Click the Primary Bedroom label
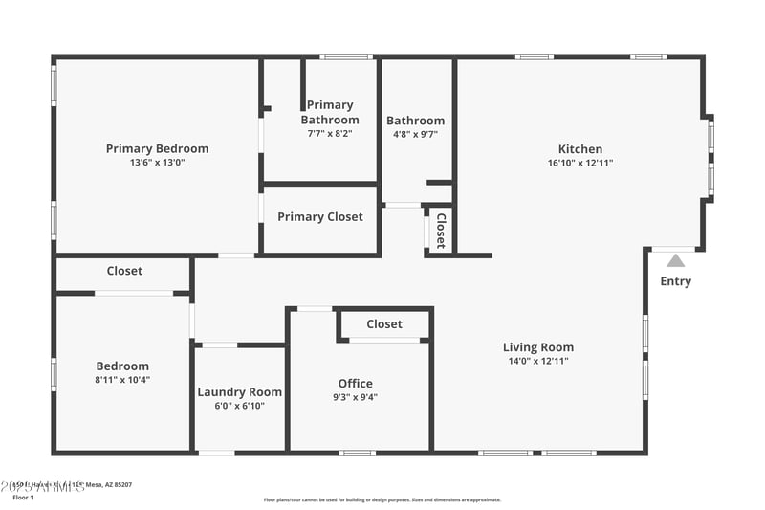pos(157,148)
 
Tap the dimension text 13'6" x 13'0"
pos(157,163)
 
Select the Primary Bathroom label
pos(330,112)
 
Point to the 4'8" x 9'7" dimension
pos(415,135)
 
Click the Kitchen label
pos(580,148)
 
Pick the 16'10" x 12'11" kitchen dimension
pos(580,163)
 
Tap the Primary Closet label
pos(320,217)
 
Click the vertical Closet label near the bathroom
pos(441,230)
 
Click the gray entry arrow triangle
pos(675,259)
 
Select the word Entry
pos(675,281)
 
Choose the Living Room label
pos(538,347)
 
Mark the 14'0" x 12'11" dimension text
pos(538,362)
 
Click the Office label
pos(355,384)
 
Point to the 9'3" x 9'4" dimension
pos(355,398)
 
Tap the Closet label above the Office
pos(384,324)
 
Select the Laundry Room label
pos(239,391)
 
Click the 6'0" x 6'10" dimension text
pos(239,406)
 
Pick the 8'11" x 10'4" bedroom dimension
pos(122,380)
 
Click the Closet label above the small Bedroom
pos(124,271)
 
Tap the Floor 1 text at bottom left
pos(22,498)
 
